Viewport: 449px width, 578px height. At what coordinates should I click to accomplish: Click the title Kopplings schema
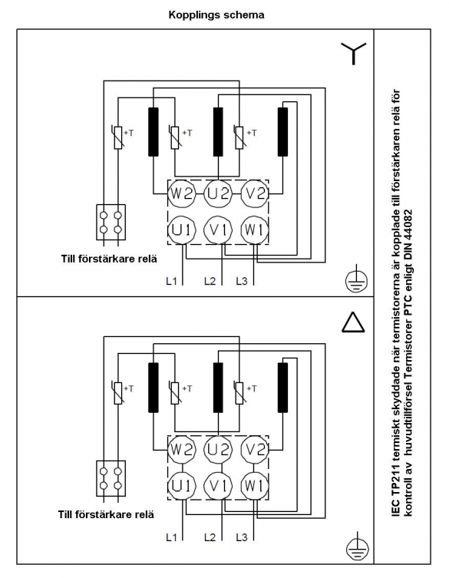click(x=216, y=15)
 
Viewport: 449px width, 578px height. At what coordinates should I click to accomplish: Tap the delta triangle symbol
click(x=353, y=322)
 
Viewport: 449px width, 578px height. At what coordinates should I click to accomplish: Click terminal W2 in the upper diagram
click(x=180, y=193)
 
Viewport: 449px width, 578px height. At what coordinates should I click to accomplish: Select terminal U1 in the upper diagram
click(x=181, y=230)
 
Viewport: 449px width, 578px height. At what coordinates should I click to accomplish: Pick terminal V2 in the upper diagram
click(x=254, y=193)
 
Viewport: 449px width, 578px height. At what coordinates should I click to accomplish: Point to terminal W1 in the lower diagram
click(x=254, y=486)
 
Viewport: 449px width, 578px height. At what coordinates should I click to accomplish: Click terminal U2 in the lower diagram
click(x=218, y=449)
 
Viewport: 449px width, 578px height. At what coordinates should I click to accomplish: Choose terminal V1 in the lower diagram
click(x=218, y=486)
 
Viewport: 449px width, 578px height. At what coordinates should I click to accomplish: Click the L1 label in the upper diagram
click(x=171, y=281)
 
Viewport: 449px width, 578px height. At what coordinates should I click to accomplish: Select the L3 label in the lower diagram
click(x=242, y=537)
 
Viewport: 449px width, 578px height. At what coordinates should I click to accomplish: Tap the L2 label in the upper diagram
click(x=210, y=281)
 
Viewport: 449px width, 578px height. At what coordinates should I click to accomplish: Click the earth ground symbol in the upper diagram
click(x=356, y=281)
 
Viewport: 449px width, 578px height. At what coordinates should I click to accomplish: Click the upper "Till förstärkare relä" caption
click(x=109, y=259)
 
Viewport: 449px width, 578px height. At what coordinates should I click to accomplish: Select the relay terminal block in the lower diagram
click(x=111, y=478)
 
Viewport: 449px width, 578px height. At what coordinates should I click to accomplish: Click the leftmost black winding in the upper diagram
click(x=154, y=131)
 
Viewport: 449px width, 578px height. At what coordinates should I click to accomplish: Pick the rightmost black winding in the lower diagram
click(x=282, y=388)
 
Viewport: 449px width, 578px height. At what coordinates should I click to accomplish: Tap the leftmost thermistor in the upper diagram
click(x=118, y=137)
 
